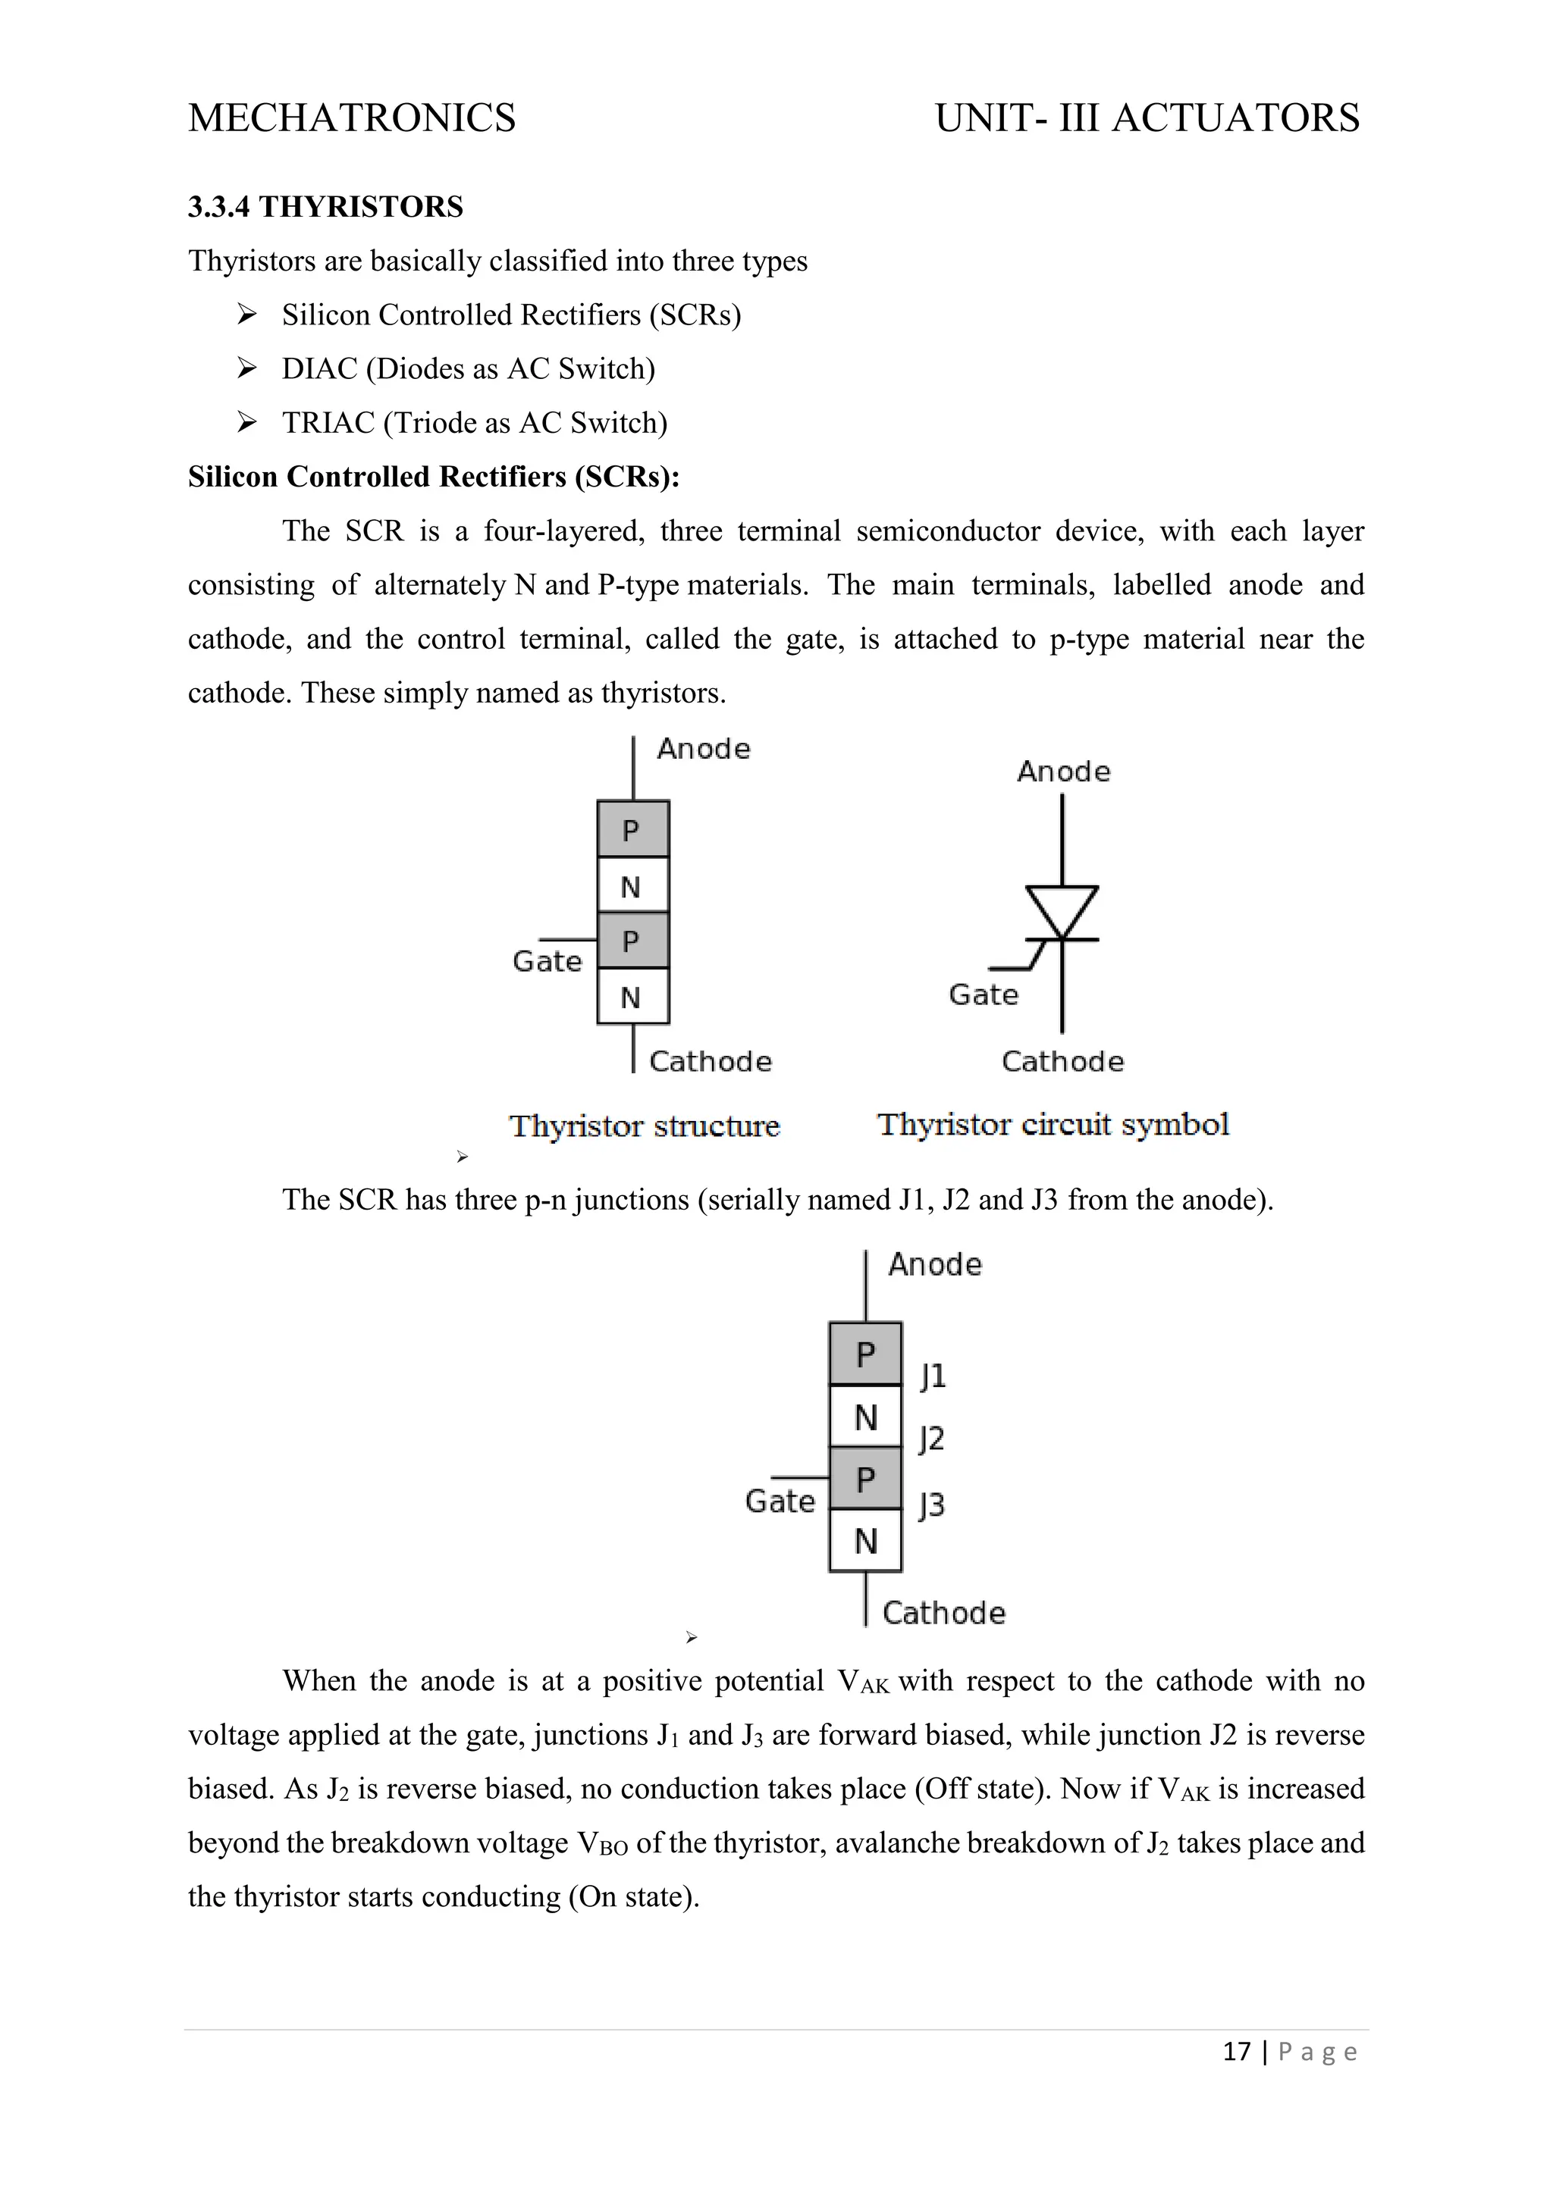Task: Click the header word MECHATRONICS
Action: (352, 117)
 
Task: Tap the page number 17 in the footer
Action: (1237, 2052)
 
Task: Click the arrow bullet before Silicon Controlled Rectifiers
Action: (246, 315)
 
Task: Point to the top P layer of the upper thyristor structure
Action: (632, 830)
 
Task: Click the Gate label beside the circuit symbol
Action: (983, 994)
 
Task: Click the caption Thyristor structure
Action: (645, 1126)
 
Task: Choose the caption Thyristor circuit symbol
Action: (1053, 1124)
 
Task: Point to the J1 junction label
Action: (933, 1376)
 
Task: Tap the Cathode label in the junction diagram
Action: (944, 1613)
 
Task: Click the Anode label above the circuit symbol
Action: (1063, 772)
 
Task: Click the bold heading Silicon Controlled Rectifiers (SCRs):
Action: (433, 476)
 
